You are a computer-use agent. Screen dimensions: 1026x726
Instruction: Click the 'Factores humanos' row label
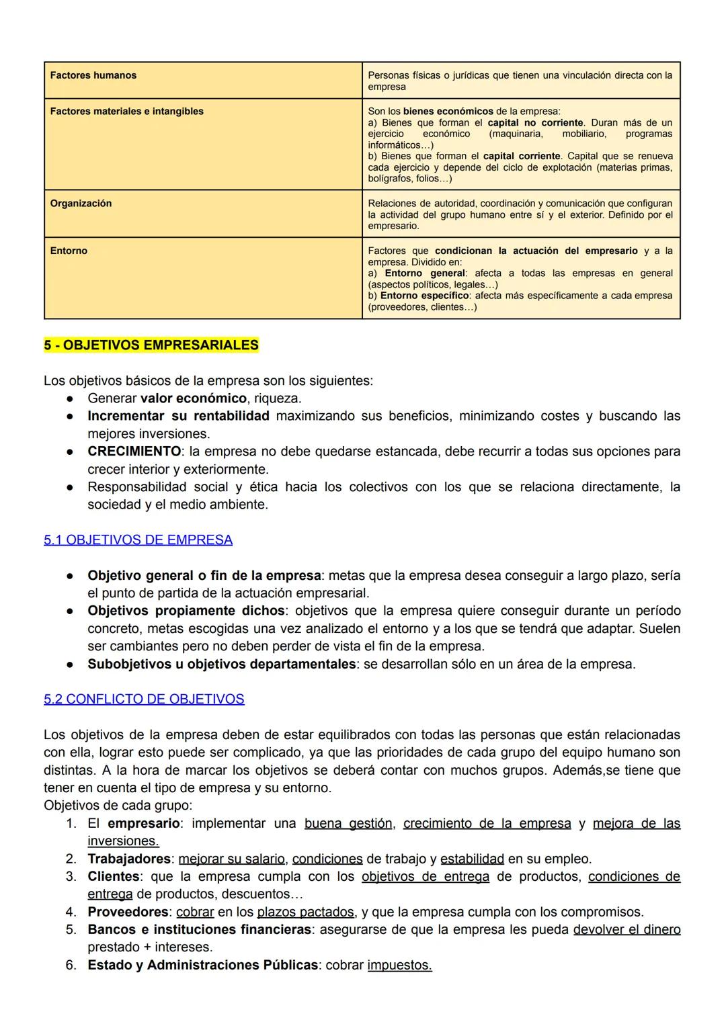pos(93,75)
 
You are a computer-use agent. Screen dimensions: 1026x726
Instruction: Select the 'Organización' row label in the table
pos(81,203)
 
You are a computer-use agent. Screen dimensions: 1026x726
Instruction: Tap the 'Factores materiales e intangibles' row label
pos(126,111)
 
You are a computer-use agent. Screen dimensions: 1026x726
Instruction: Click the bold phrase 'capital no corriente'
pos(535,122)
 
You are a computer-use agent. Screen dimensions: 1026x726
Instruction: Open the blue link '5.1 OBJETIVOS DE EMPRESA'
pos(138,540)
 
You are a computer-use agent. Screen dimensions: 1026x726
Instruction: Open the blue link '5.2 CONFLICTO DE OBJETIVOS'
pos(144,699)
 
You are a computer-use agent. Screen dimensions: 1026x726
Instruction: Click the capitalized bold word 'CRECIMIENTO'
pos(134,452)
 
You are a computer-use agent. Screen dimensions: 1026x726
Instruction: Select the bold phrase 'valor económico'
pos(193,398)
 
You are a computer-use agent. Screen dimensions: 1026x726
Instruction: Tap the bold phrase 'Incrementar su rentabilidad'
pos(178,416)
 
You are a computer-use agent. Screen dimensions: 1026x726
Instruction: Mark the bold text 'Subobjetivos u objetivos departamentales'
pos(221,665)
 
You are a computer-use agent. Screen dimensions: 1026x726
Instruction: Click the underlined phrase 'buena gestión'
pos(348,824)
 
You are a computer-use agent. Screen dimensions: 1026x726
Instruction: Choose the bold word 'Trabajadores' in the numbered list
pos(128,859)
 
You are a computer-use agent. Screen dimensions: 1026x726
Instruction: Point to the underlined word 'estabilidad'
pos(472,859)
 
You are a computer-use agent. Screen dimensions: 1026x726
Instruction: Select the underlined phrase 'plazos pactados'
pos(305,912)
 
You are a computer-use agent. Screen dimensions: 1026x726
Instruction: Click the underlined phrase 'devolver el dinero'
pos(627,930)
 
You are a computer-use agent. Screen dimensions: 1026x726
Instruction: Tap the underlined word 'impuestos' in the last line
pos(399,966)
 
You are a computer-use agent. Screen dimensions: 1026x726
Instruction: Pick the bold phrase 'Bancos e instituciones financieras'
pos(199,930)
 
